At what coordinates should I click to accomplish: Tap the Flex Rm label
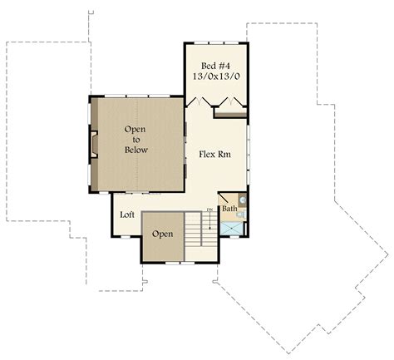214,154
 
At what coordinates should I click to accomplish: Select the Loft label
127,215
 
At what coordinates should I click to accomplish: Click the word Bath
229,209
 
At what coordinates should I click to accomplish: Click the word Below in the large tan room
136,150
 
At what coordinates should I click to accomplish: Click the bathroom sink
242,200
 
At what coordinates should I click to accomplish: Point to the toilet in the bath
242,214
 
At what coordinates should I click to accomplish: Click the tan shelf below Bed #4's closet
230,114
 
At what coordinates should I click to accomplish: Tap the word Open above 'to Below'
136,130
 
